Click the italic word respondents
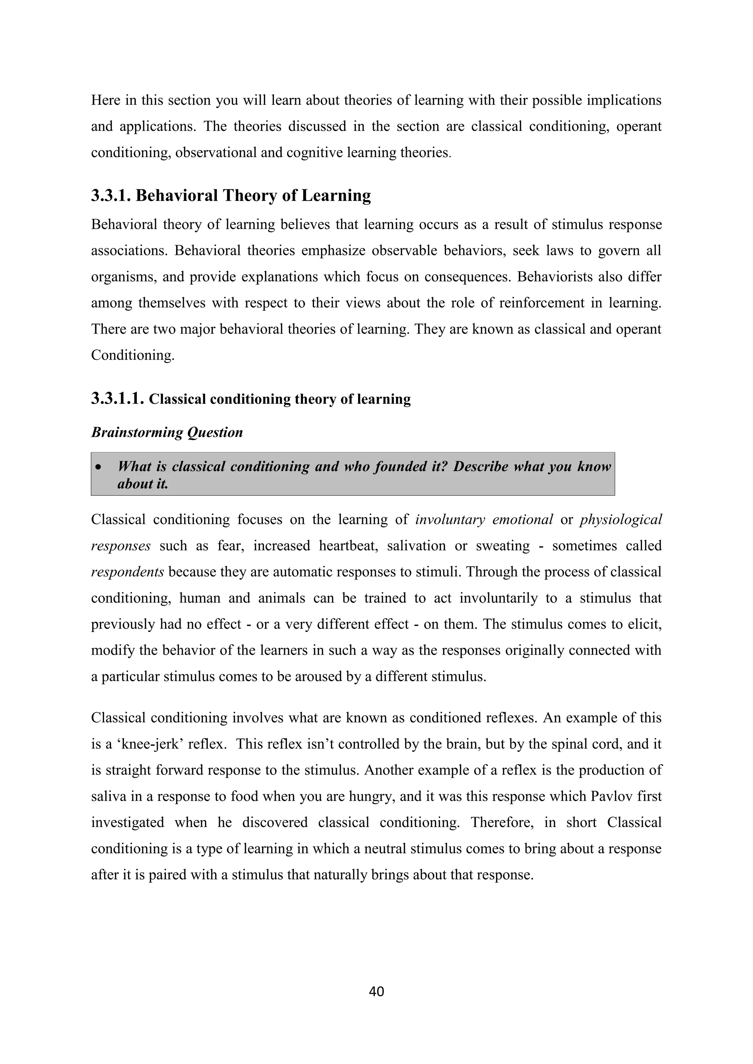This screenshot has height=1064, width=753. [127, 572]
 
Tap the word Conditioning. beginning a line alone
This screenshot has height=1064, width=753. [133, 355]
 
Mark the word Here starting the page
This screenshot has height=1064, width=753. [106, 100]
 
